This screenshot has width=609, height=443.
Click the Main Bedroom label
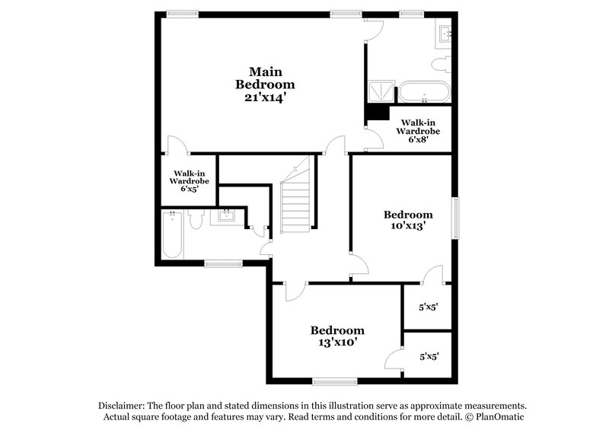(265, 78)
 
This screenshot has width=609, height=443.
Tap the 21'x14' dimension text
(265, 97)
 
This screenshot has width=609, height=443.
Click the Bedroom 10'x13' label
(407, 220)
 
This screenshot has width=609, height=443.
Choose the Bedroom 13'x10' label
(336, 336)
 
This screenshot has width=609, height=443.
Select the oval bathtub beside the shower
(425, 92)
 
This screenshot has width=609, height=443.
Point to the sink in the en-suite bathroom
(445, 33)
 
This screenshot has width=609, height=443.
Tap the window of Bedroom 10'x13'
(456, 218)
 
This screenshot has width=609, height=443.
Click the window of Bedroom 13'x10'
(335, 381)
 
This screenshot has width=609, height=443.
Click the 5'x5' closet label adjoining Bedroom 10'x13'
(429, 308)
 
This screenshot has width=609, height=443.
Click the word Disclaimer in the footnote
(122, 406)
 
